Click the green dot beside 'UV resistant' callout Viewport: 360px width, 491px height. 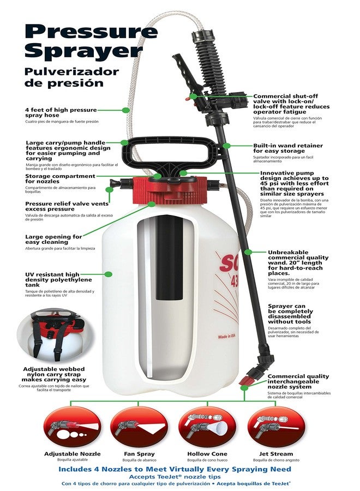pos(109,274)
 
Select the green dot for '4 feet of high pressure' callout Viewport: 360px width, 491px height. pos(126,110)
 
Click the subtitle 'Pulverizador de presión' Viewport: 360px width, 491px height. pos(64,77)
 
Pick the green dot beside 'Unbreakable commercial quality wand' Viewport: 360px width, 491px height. pos(247,252)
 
